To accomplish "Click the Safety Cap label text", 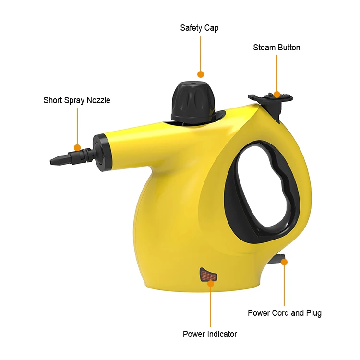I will (x=199, y=28).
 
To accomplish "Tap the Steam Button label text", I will (x=276, y=48).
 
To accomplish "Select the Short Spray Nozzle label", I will (x=77, y=100).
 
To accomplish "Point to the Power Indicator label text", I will (x=210, y=334).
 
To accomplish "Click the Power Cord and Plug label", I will (x=285, y=313).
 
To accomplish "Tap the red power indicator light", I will (x=208, y=275).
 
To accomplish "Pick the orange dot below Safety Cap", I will (x=201, y=74).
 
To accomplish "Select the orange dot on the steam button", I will (x=277, y=94).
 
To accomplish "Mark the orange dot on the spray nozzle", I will (x=77, y=148).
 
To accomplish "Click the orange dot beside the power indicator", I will (x=210, y=283).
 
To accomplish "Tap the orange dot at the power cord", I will (x=284, y=262).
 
